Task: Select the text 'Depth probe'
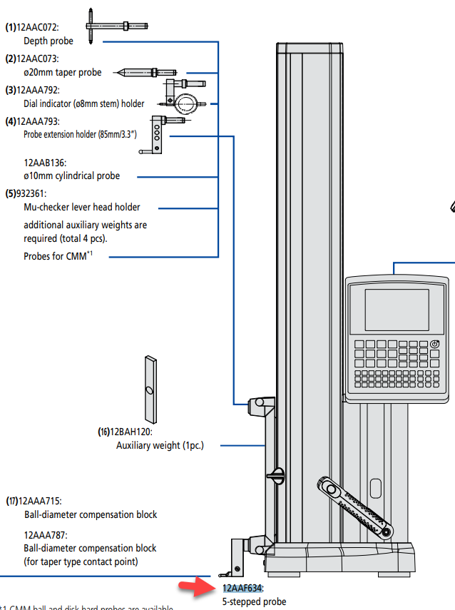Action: [x=48, y=41]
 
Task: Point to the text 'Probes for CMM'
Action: [x=54, y=255]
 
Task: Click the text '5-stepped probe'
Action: [x=252, y=602]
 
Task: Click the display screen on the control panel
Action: [x=397, y=310]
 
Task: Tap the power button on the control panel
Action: [x=435, y=345]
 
